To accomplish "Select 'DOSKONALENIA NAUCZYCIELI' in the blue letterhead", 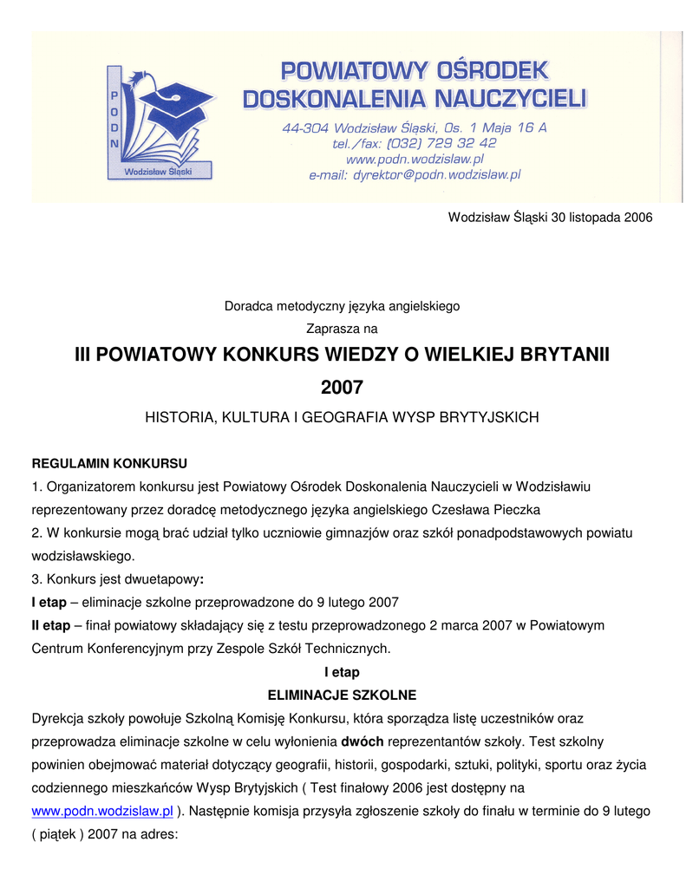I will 415,99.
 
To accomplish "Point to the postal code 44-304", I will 303,127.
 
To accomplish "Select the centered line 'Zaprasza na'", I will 342,329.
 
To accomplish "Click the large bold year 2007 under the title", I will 342,387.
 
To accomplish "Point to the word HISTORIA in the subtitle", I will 177,417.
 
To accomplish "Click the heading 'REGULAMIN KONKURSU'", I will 109,462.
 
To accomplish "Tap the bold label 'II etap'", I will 51,624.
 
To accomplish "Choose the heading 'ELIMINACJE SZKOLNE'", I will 342,695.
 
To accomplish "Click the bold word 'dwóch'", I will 363,741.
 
